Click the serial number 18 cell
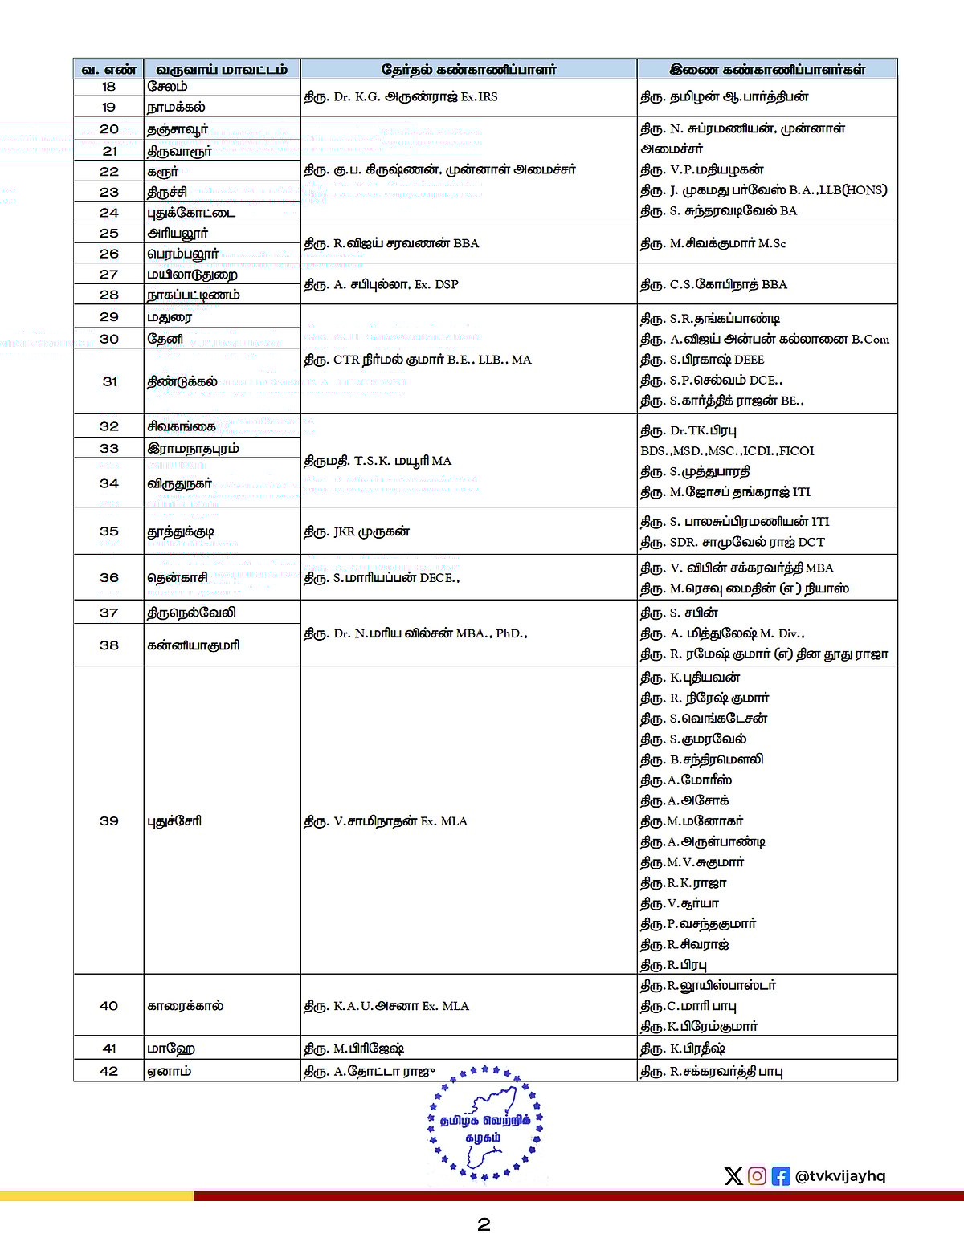tap(108, 87)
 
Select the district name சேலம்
tap(167, 87)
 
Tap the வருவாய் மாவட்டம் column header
tap(222, 70)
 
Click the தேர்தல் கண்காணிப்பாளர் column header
tap(468, 70)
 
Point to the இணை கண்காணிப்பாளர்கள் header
tap(767, 70)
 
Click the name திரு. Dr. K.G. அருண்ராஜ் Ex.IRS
tap(400, 97)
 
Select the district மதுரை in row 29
tap(170, 317)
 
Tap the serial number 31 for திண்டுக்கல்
tap(109, 381)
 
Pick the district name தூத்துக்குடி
tap(181, 531)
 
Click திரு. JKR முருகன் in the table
tap(357, 531)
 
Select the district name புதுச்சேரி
tap(174, 821)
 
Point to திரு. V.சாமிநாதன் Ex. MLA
tap(386, 821)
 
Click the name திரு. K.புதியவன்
tap(690, 678)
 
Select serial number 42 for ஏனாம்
tap(109, 1071)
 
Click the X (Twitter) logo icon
tap(733, 1176)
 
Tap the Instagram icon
tap(757, 1176)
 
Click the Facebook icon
tap(781, 1176)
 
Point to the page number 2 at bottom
tap(484, 1224)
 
